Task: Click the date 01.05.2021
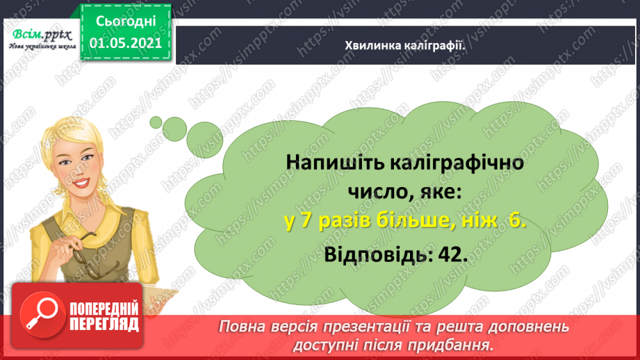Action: [x=125, y=42]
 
